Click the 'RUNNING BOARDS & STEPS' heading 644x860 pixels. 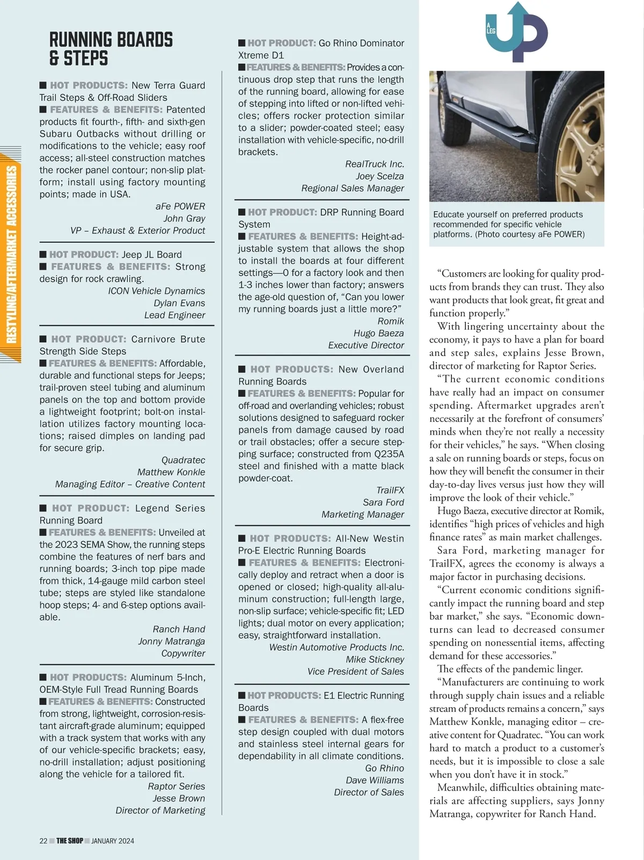coord(111,49)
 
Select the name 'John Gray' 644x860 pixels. coord(184,218)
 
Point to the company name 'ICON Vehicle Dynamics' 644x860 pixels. coord(156,291)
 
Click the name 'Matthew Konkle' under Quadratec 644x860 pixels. coord(171,472)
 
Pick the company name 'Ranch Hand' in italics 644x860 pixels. coord(179,629)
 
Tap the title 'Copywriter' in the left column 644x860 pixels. coord(183,653)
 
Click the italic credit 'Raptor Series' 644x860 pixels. coord(176,786)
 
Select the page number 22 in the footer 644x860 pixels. coord(43,841)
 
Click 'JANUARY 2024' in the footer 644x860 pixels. coord(113,841)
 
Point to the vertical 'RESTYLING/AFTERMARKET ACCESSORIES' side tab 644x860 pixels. coord(11,255)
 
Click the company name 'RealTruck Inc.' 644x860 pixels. coord(375,164)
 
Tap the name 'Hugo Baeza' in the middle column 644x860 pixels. coord(378,333)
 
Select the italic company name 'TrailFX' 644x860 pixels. coord(390,490)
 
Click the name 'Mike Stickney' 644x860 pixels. coord(375,659)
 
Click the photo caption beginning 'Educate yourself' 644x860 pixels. coord(508,224)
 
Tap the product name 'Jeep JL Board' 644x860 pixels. coord(151,255)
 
